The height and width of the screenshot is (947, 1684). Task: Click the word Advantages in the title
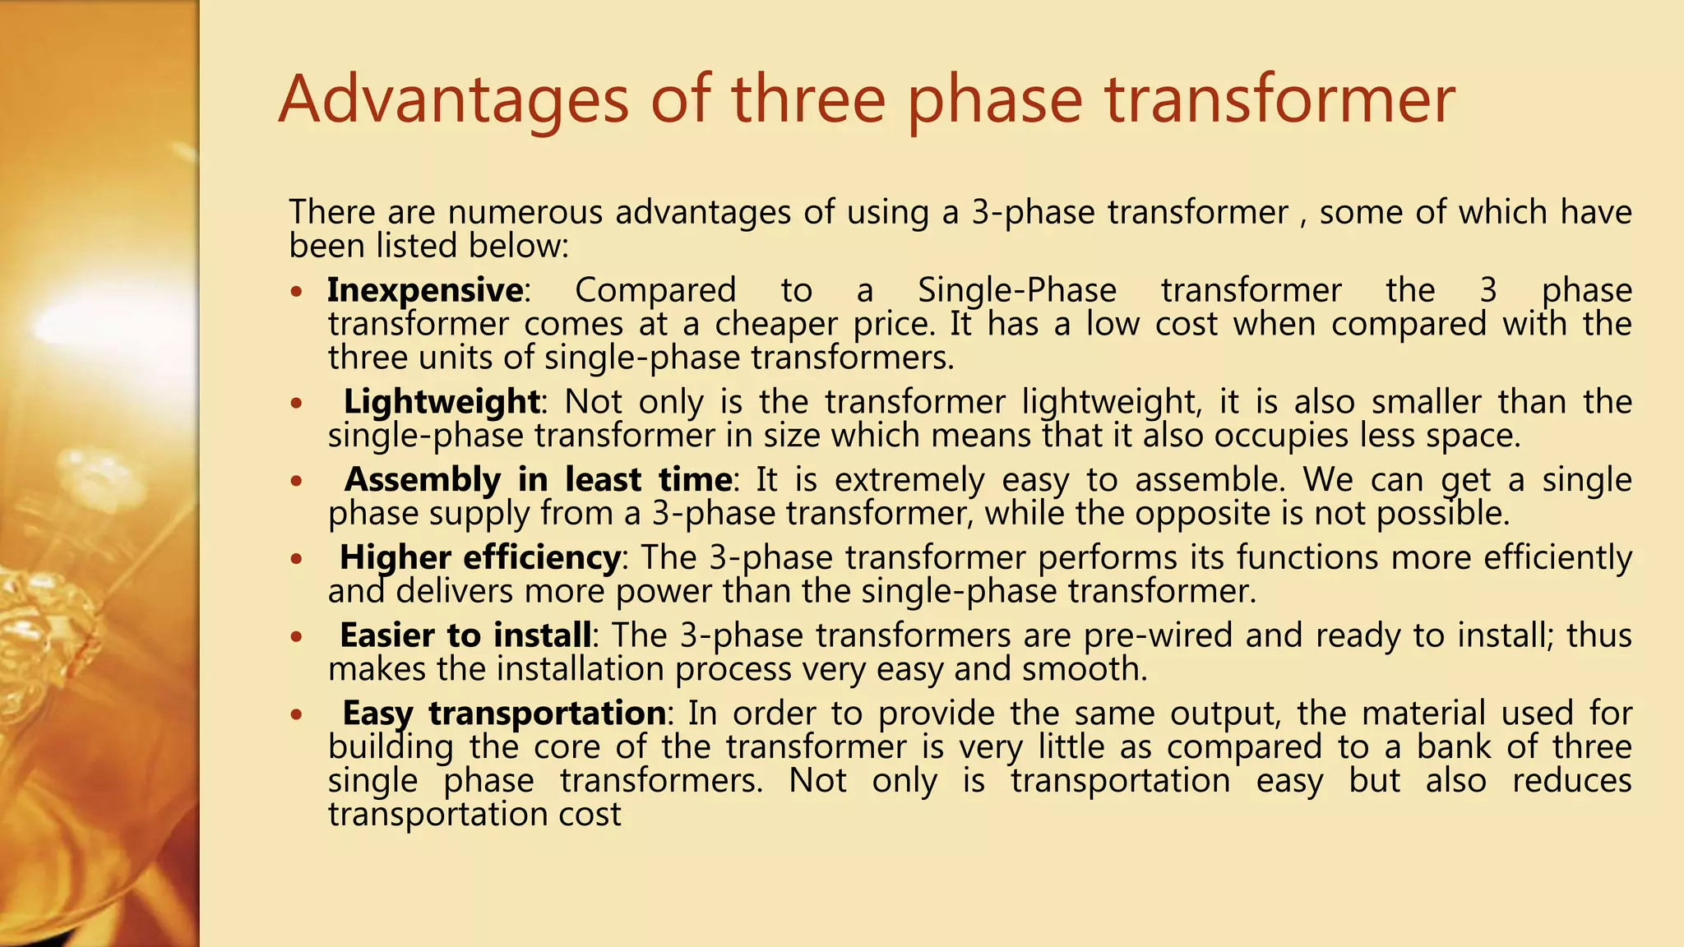point(454,100)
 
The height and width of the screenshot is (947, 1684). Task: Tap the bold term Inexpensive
point(425,290)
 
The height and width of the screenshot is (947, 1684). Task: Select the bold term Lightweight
point(442,402)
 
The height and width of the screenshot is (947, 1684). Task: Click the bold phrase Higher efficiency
point(480,557)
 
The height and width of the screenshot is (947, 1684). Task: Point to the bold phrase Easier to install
point(465,635)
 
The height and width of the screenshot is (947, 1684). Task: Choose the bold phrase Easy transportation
point(504,713)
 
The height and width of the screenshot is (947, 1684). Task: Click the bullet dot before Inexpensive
point(297,292)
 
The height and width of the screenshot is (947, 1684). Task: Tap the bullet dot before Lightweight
point(297,404)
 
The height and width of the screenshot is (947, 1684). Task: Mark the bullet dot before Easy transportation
point(297,714)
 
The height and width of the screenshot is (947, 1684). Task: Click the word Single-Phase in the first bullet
point(1017,290)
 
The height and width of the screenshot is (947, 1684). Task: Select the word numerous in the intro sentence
point(525,212)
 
